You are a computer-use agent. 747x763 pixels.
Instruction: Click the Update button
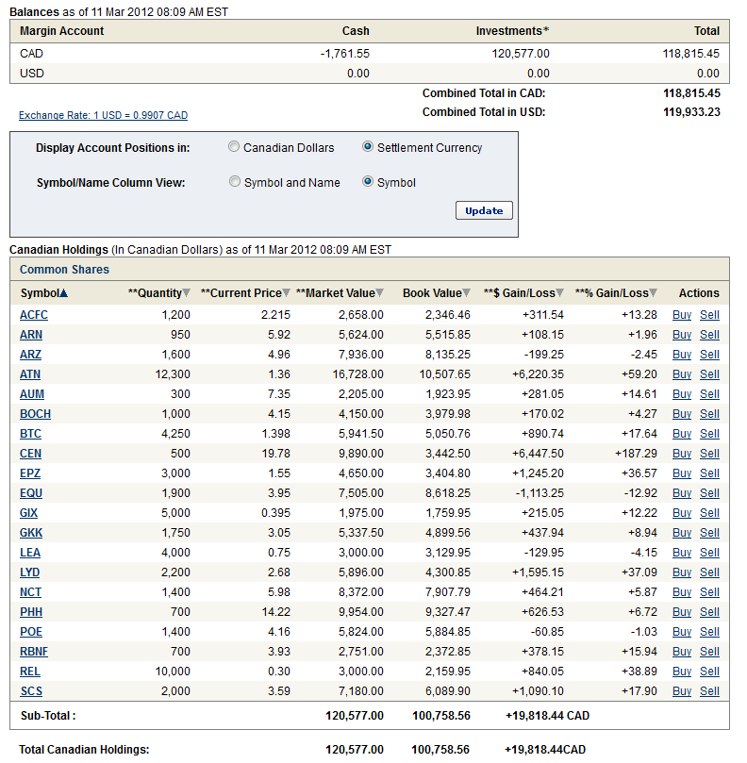[x=484, y=210]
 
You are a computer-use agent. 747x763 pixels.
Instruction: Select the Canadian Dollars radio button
[x=234, y=147]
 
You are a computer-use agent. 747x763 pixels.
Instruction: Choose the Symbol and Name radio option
[x=235, y=182]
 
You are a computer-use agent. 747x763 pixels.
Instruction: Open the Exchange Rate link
[x=103, y=115]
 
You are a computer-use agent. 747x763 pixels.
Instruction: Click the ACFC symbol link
[x=33, y=314]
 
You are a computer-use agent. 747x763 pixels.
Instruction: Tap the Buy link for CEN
[x=681, y=453]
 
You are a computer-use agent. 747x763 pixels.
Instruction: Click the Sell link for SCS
[x=709, y=690]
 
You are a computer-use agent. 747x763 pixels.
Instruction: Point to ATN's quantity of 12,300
[x=171, y=373]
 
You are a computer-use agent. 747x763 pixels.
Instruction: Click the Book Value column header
[x=432, y=293]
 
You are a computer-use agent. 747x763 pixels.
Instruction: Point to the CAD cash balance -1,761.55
[x=344, y=54]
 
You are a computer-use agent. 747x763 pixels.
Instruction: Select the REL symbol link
[x=30, y=671]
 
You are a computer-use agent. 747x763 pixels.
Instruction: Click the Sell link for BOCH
[x=709, y=413]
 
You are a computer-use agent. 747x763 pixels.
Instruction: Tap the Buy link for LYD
[x=681, y=572]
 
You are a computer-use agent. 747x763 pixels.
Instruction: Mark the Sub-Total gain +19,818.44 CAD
[x=547, y=716]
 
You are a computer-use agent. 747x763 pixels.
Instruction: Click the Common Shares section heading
[x=65, y=270]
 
